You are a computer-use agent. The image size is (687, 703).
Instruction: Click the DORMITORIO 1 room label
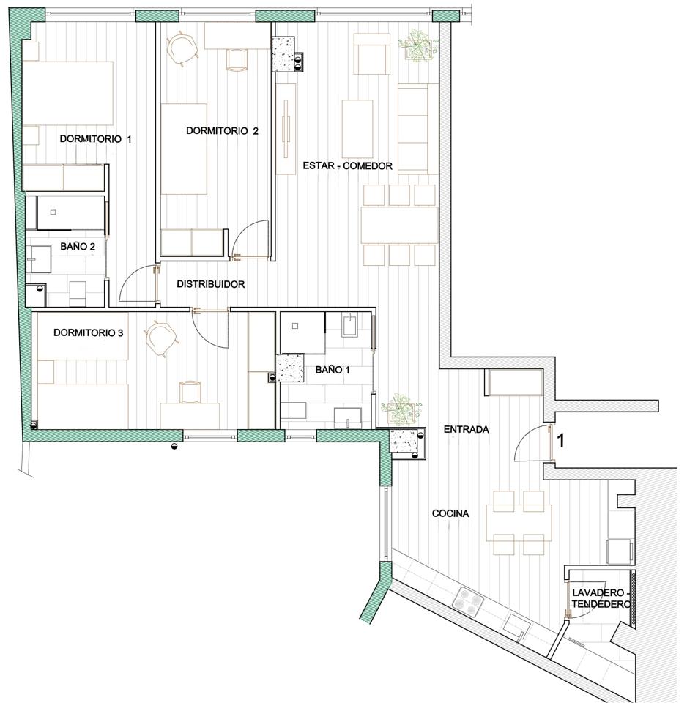pos(95,139)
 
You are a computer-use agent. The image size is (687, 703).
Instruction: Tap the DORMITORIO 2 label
pos(222,131)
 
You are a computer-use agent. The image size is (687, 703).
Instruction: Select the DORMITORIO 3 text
pos(89,332)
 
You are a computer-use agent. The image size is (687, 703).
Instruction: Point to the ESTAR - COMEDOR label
pos(348,166)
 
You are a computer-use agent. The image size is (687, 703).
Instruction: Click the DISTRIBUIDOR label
pos(211,284)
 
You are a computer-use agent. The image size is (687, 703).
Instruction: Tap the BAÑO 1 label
pos(333,370)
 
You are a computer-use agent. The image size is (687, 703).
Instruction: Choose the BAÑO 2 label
pos(78,247)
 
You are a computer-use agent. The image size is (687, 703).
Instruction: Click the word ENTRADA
pos(466,430)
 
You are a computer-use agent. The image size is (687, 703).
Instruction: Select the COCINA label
pos(450,513)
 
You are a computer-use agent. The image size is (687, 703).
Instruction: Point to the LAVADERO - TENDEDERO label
pos(601,598)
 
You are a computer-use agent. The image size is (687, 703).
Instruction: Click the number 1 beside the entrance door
pos(560,441)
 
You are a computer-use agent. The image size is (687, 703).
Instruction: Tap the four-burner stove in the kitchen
pos(468,600)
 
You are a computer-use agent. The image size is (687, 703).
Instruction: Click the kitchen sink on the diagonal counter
pos(517,628)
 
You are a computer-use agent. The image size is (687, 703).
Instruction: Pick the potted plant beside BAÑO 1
pos(401,409)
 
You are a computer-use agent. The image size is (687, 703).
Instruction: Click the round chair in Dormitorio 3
pos(160,338)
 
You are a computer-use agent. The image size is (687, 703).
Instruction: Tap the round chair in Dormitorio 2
pos(182,48)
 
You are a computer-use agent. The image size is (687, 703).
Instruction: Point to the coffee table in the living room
pos(357,127)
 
